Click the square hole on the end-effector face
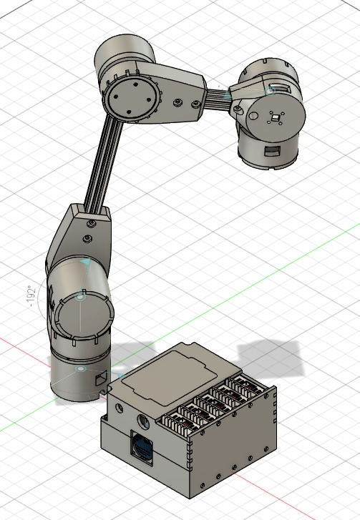[x=275, y=117]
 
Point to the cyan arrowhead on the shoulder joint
[x=85, y=263]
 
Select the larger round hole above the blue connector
[x=142, y=420]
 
